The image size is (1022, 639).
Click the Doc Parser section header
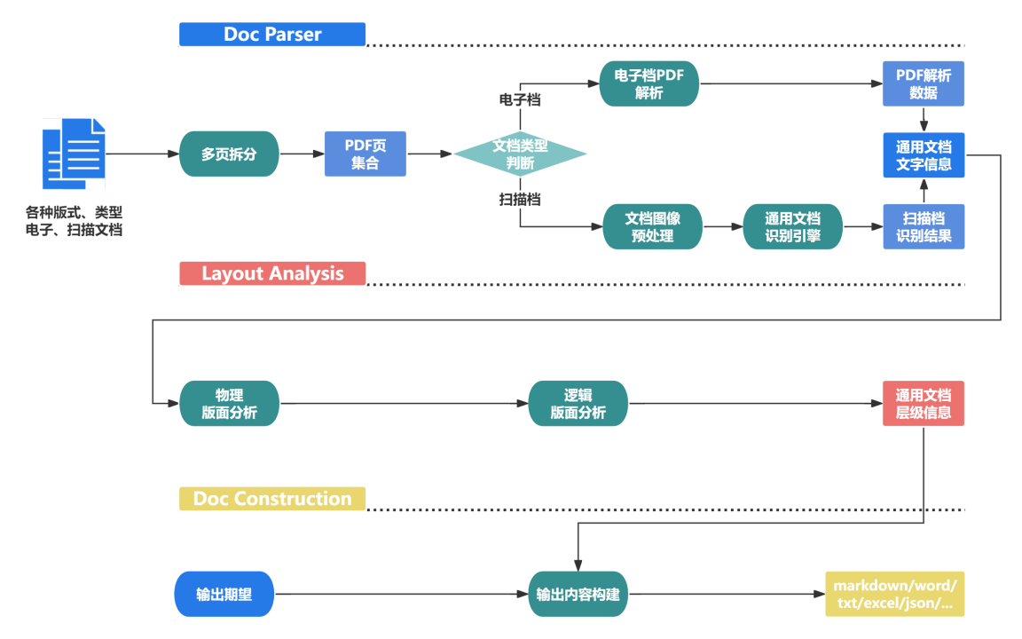pyautogui.click(x=272, y=35)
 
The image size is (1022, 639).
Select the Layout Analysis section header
pyautogui.click(x=272, y=273)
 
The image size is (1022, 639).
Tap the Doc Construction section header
pyautogui.click(x=272, y=499)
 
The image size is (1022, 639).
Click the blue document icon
pyautogui.click(x=74, y=154)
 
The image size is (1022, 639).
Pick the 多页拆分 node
pyautogui.click(x=229, y=154)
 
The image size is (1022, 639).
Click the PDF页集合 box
pyautogui.click(x=365, y=154)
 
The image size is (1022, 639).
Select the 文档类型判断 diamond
pyautogui.click(x=521, y=154)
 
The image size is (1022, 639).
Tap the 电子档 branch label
pyautogui.click(x=520, y=100)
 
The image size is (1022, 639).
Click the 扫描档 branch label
pyautogui.click(x=520, y=200)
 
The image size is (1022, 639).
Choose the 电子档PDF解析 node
pyautogui.click(x=649, y=84)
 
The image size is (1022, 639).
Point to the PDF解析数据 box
pyautogui.click(x=924, y=84)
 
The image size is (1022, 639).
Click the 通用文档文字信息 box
pyautogui.click(x=924, y=155)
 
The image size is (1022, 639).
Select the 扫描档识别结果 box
pyautogui.click(x=924, y=227)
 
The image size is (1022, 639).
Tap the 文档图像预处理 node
pyautogui.click(x=653, y=227)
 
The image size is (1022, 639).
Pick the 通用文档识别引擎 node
pyautogui.click(x=793, y=227)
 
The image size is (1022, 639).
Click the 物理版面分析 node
pyautogui.click(x=229, y=404)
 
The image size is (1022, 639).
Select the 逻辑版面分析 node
pyautogui.click(x=578, y=404)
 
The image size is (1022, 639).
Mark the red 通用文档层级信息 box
pyautogui.click(x=924, y=404)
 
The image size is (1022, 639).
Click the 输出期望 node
pyautogui.click(x=224, y=595)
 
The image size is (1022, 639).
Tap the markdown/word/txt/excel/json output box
pyautogui.click(x=894, y=595)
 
